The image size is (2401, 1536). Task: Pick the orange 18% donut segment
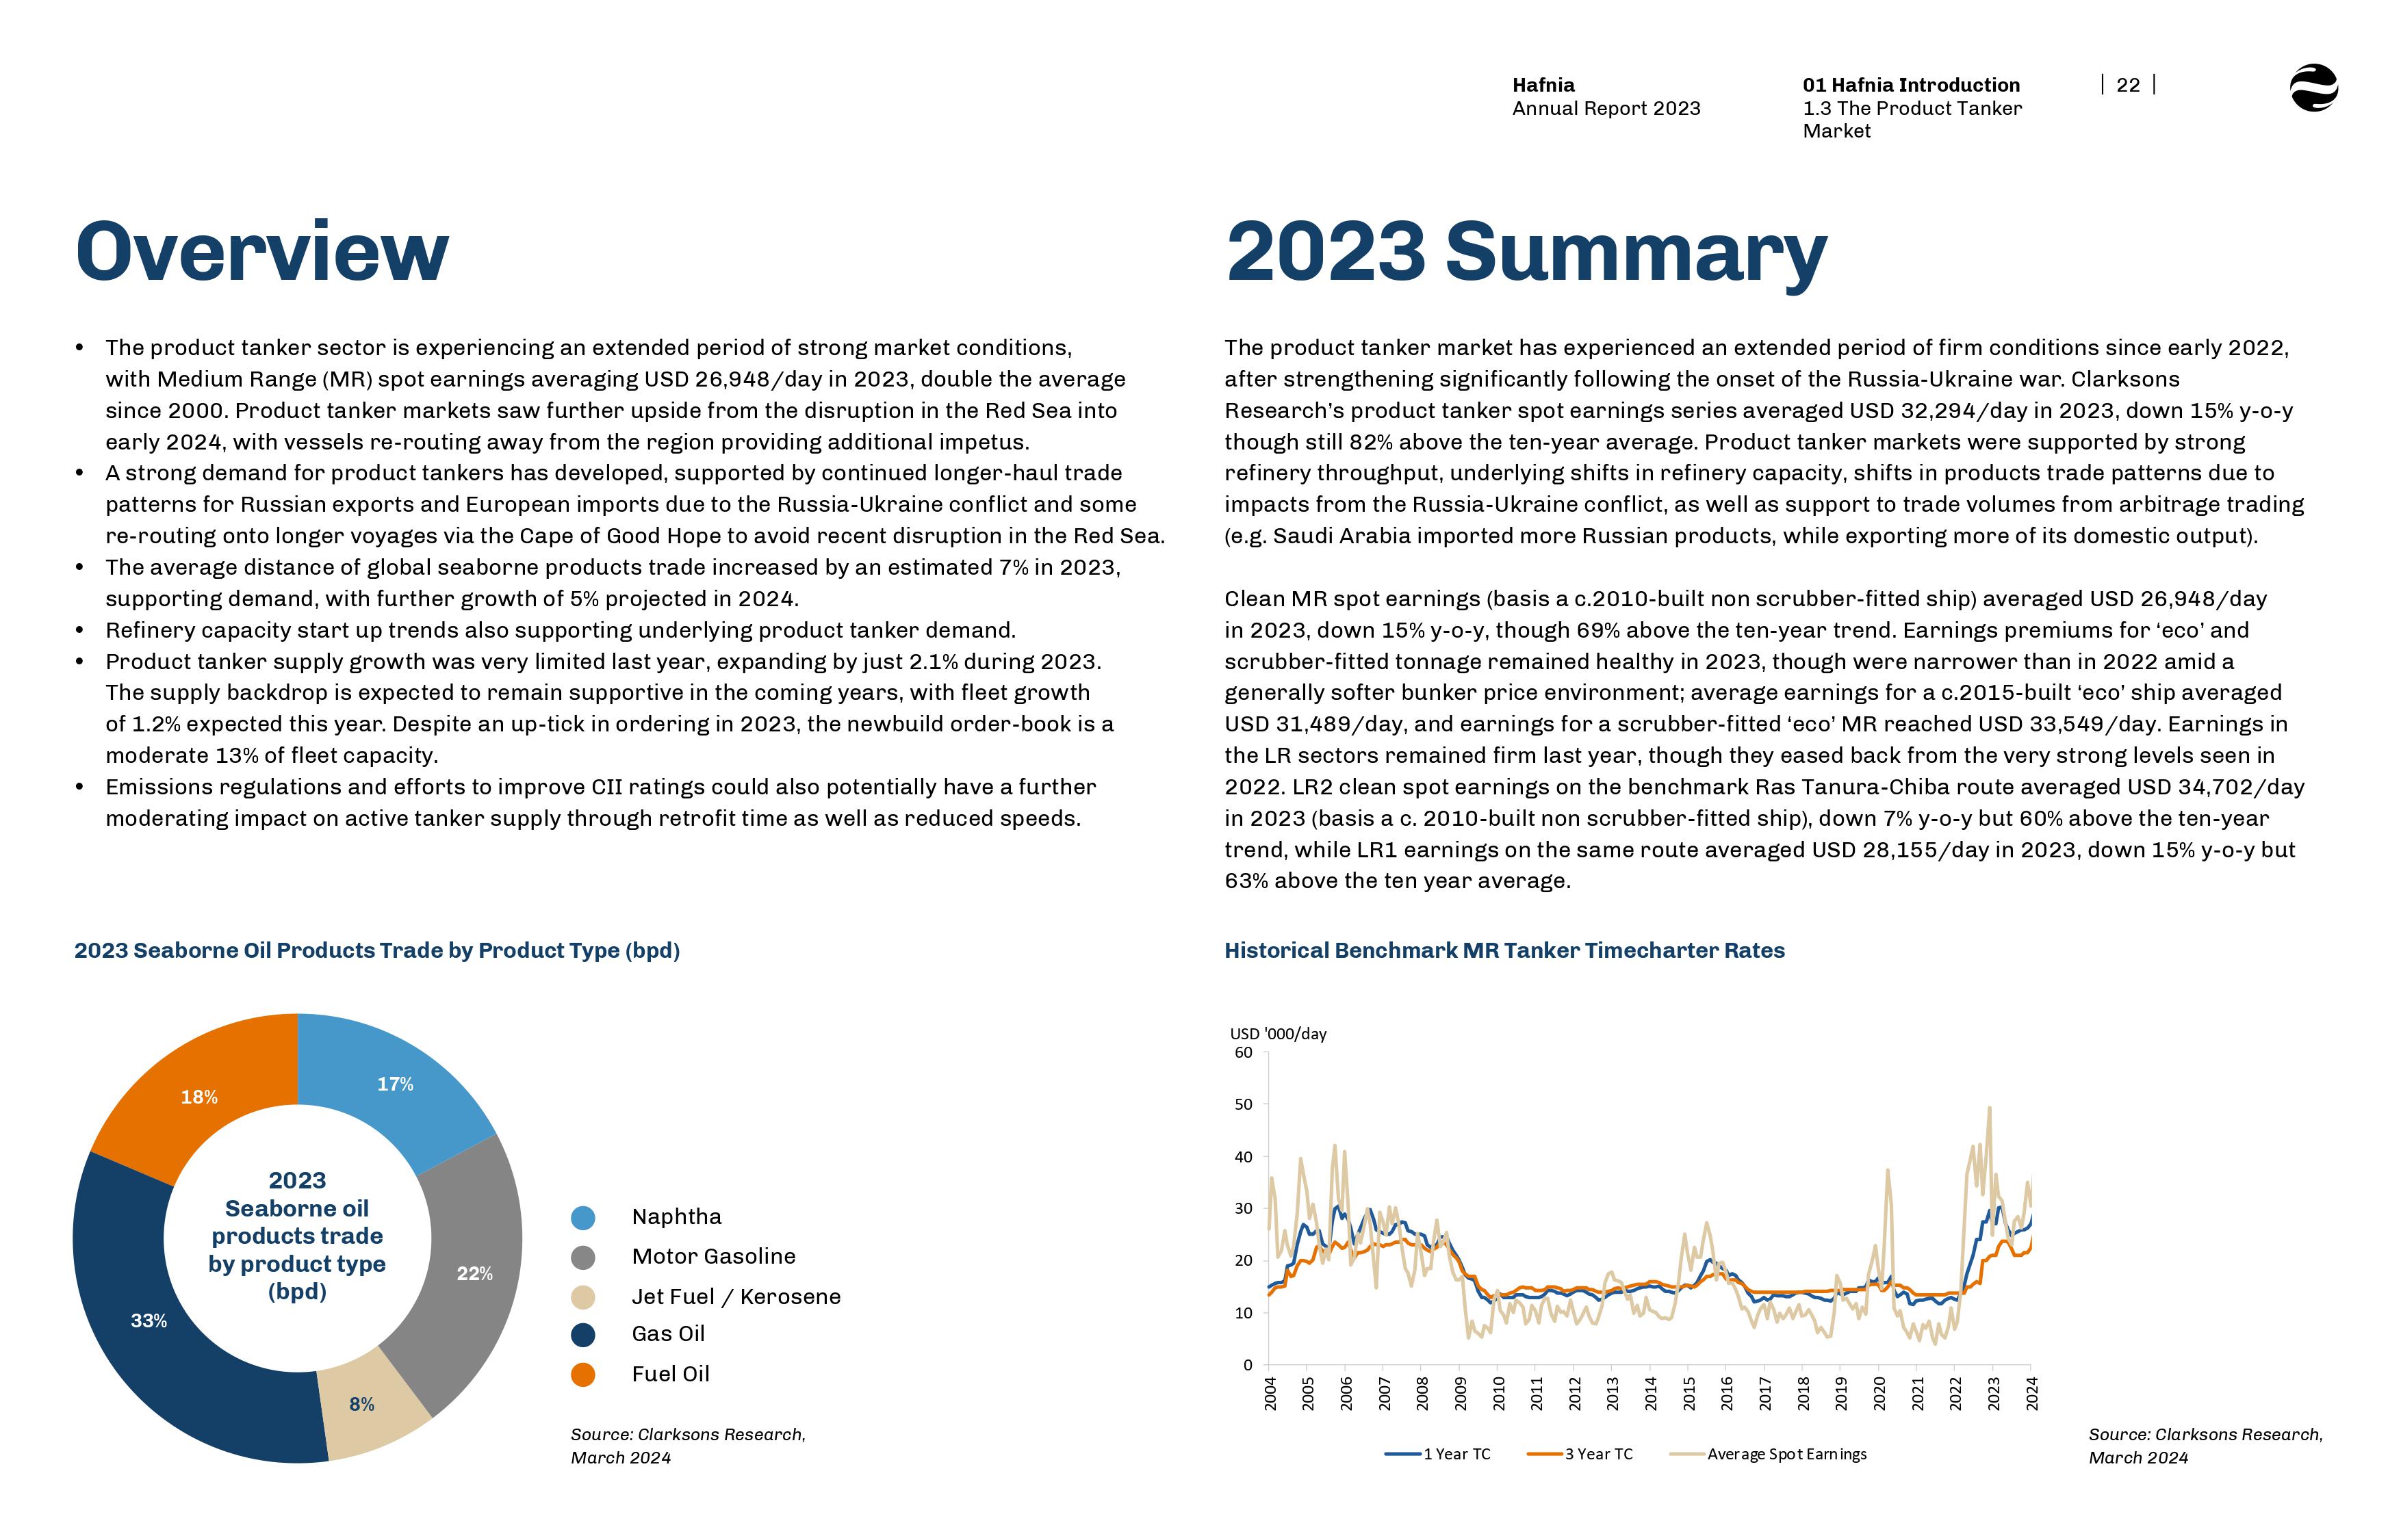coord(198,1097)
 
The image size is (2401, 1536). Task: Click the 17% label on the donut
coord(395,1084)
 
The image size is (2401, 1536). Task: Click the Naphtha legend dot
coord(582,1218)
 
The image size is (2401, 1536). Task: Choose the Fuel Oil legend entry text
coord(670,1375)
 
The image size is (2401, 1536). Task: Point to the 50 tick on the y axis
coord(1243,1104)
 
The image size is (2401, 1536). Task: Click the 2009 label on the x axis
coord(1461,1394)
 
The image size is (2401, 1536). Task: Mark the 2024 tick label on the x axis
coord(2032,1394)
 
